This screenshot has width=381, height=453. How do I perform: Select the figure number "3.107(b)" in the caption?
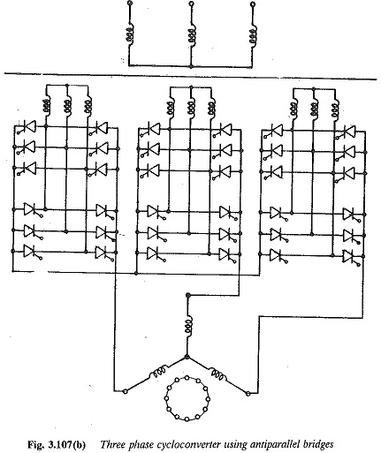pos(65,444)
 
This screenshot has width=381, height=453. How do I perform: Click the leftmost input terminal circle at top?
pos(129,4)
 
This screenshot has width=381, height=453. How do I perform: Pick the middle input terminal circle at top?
pos(191,4)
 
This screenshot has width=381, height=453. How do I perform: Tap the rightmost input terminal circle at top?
pos(252,4)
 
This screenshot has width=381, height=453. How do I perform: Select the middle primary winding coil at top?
pos(192,34)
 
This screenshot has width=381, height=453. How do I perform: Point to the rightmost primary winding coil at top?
pos(253,37)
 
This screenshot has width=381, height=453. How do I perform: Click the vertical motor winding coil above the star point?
pos(188,325)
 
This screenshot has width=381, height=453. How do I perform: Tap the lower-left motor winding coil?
pos(158,373)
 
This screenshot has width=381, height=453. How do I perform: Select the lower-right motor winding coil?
pos(217,373)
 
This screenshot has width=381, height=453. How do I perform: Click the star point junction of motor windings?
pos(187,357)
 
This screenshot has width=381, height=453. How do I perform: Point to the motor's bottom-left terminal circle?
pos(126,391)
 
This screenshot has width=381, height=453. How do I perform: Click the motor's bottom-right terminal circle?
pos(248,393)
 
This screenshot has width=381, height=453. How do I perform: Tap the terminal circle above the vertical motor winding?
pos(187,295)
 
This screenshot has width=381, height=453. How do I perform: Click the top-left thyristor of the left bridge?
pos(29,126)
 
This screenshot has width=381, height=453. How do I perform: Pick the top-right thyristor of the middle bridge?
pos(225,130)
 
